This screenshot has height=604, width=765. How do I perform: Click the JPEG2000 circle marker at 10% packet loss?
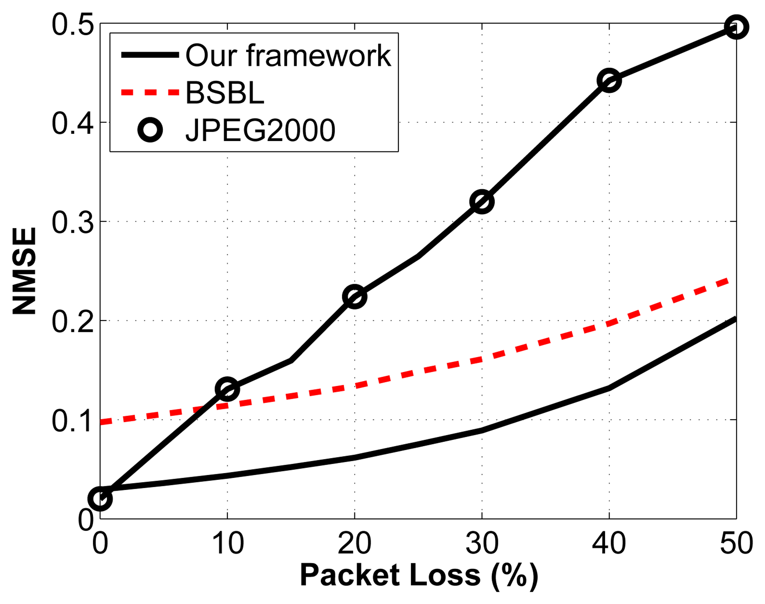coord(227,389)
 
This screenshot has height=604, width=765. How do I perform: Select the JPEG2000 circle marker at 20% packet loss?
coord(354,296)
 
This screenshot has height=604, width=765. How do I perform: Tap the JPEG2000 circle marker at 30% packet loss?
coord(482,202)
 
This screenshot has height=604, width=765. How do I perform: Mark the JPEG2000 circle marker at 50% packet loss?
coord(736,27)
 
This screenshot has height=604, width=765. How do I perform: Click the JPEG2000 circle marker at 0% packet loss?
coord(100,499)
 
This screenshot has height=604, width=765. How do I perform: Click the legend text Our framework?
coord(288,56)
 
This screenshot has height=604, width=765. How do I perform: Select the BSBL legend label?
coord(225,93)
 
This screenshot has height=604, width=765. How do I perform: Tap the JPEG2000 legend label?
coord(260,130)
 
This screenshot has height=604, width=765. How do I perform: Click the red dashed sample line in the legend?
coord(150,93)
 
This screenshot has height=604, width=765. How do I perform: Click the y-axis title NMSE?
coord(24,271)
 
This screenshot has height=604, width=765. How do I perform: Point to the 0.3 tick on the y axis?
coord(73,223)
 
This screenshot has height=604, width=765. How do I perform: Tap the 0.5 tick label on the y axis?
coord(73,25)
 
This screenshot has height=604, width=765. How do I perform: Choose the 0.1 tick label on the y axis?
coord(73,421)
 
